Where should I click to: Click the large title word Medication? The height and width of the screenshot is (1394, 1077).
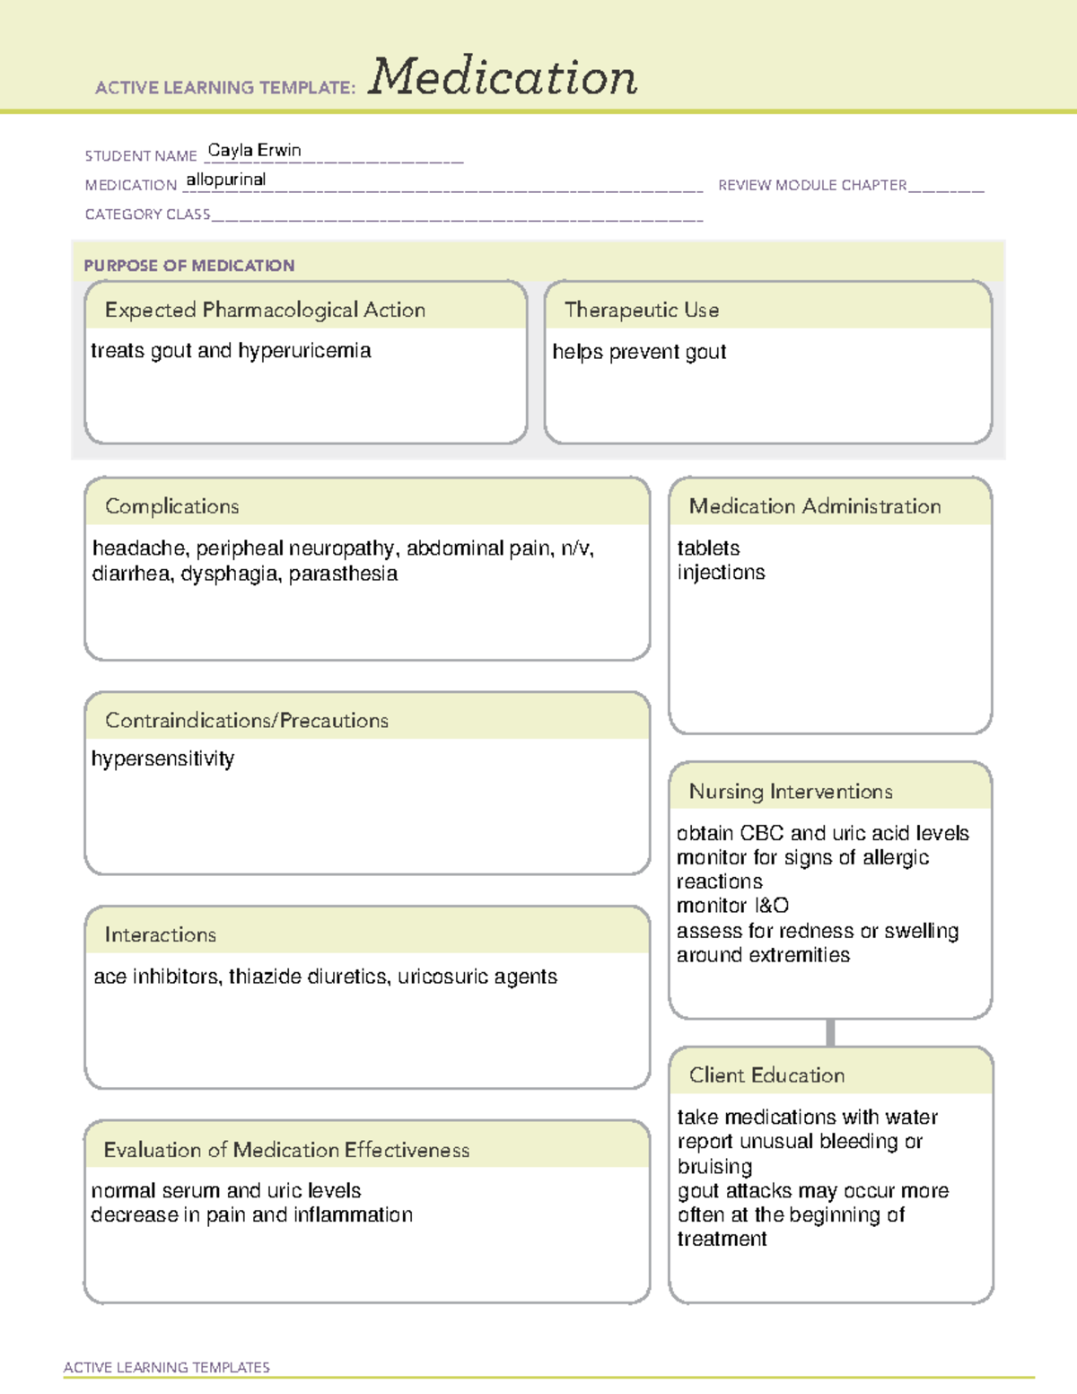coord(503,77)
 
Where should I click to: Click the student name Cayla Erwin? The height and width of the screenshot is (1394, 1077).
coord(254,151)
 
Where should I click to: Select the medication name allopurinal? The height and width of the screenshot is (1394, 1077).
coord(226,180)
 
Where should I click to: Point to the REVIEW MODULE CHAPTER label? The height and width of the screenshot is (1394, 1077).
coord(812,185)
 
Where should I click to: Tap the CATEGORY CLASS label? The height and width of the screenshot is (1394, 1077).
coord(147,215)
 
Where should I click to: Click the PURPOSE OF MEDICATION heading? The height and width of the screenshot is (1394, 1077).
coord(189,266)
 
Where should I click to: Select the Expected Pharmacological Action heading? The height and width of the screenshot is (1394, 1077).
coord(265,311)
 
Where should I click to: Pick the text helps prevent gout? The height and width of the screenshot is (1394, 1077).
coord(639,352)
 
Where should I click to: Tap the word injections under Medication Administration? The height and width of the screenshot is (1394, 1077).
coord(721,573)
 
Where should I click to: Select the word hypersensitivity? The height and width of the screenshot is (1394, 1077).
coord(162,759)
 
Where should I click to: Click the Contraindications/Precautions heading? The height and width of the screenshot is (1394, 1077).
coord(247,721)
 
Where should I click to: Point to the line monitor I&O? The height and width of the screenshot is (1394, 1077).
coord(732,906)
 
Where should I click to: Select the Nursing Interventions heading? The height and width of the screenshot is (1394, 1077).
coord(791,792)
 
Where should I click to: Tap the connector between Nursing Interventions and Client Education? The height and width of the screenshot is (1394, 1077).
coord(830,1032)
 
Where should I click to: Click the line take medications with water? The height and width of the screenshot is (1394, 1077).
coord(807,1118)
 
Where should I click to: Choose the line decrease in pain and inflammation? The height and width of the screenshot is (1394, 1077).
coord(251,1215)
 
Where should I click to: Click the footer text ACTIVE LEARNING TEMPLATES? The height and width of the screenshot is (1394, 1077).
coord(167,1367)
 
